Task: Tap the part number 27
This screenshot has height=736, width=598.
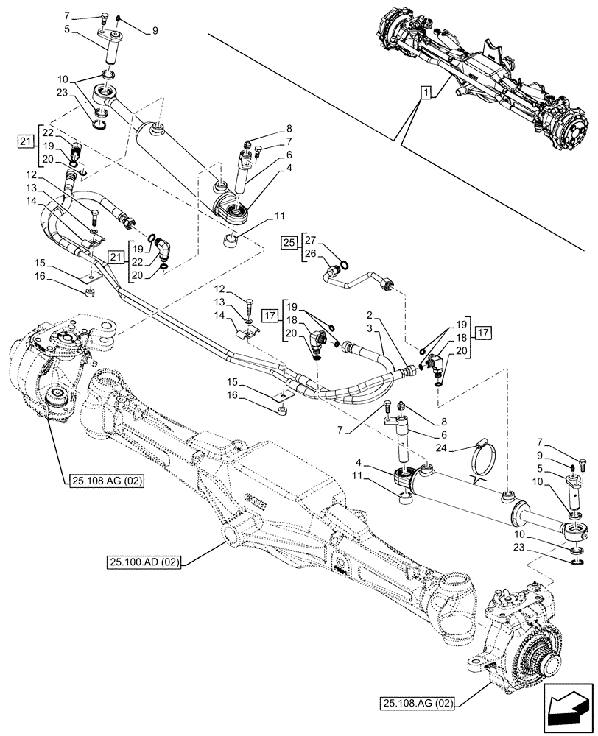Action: tap(309, 240)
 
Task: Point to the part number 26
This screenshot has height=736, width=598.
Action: tap(309, 254)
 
